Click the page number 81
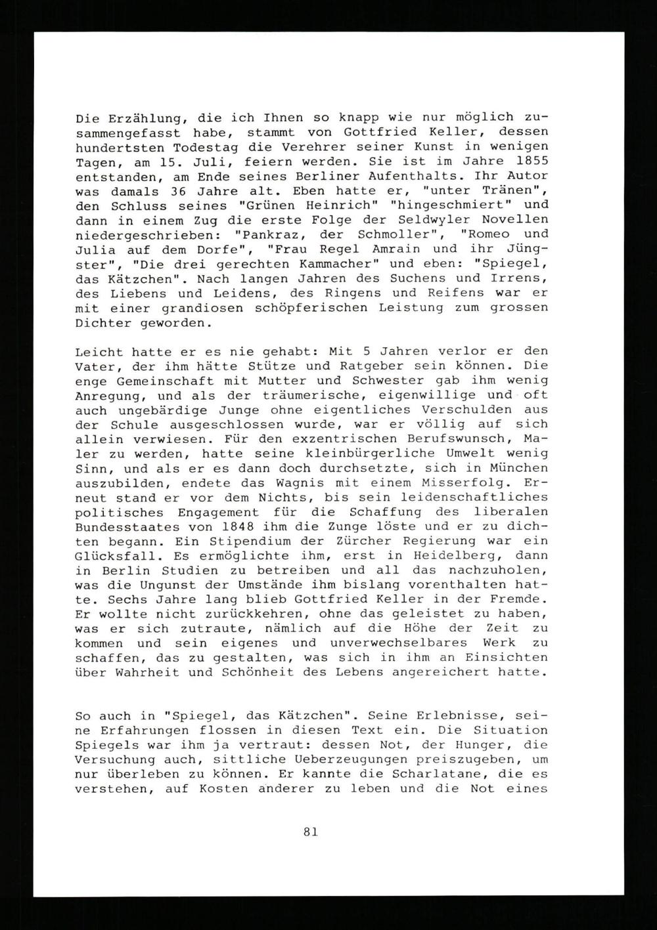click(x=311, y=832)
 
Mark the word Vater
click(x=93, y=366)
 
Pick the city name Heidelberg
click(x=459, y=555)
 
